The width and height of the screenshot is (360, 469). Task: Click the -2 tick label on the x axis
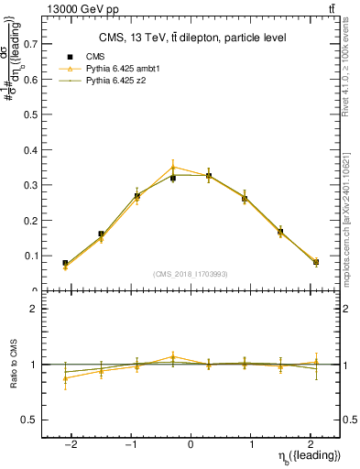point(71,443)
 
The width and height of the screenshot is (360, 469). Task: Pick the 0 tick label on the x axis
point(191,443)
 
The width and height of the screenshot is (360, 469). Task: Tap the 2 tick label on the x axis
point(311,443)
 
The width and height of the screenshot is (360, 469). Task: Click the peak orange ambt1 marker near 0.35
point(173,167)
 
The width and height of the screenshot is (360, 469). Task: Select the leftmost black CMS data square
point(65,263)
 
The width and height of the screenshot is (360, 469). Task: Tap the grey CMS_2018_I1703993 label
point(191,274)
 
